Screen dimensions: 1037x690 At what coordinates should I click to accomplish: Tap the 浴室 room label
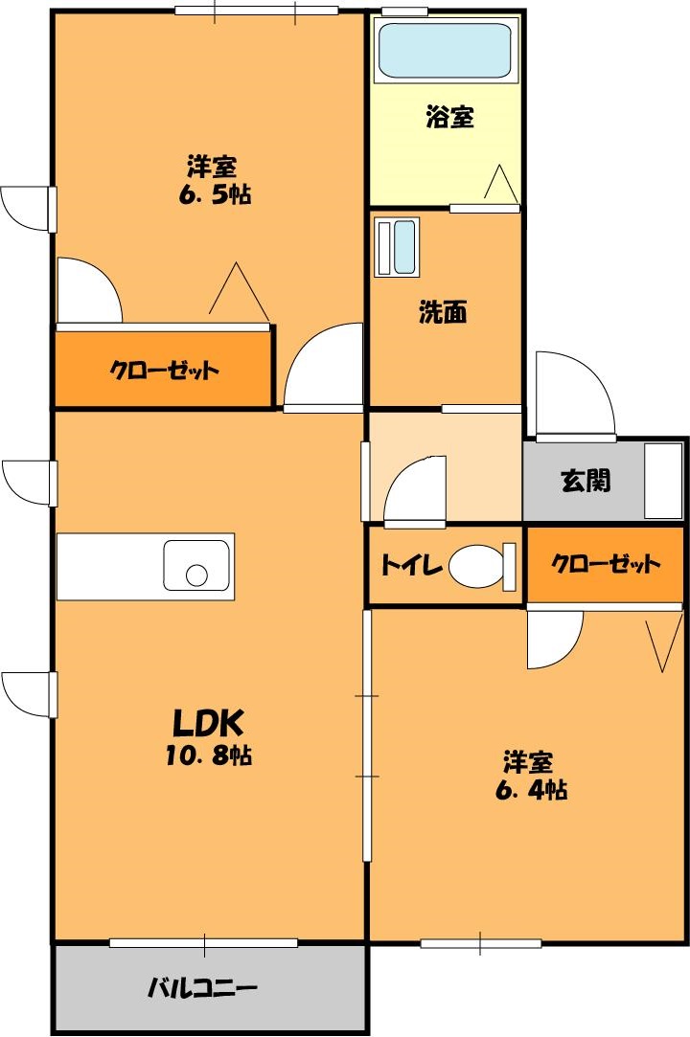point(449,118)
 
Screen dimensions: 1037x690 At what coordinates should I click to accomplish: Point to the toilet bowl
point(475,566)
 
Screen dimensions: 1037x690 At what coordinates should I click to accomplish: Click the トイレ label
point(411,566)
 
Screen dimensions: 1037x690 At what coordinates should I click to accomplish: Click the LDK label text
point(210,720)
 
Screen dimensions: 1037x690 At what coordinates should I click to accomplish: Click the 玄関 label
point(585,481)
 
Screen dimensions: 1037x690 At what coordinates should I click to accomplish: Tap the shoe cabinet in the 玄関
point(663,481)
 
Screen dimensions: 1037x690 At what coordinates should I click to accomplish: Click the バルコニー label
point(202,988)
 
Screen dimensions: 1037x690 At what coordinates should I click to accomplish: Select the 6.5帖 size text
point(212,194)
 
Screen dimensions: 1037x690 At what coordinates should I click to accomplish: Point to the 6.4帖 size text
point(530,791)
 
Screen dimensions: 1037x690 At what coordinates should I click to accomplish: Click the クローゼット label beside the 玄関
point(606,564)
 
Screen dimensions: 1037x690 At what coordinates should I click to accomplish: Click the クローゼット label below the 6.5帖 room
point(164,370)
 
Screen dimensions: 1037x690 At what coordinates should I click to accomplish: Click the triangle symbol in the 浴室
point(500,183)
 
